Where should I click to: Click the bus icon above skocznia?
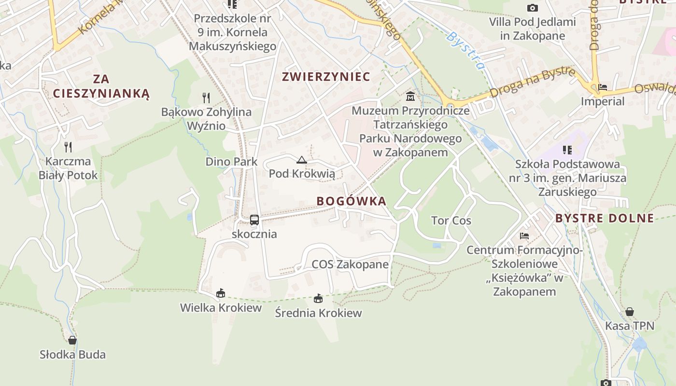tap(254, 220)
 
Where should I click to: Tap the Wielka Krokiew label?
tap(221, 308)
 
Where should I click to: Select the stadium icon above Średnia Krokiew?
tap(318, 299)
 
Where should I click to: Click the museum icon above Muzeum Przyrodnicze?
tap(410, 96)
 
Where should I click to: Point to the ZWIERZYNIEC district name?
tap(326, 77)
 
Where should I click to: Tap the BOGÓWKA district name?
tap(352, 201)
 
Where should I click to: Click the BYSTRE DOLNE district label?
tap(605, 218)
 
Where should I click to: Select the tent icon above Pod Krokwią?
tap(302, 160)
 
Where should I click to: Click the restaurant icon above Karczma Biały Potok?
tap(68, 147)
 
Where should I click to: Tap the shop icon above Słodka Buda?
tap(72, 340)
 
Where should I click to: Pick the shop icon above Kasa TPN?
tap(630, 312)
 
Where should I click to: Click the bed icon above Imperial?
tap(603, 87)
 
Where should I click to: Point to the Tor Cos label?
tap(451, 221)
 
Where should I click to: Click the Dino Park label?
tap(232, 162)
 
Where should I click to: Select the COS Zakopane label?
tap(350, 264)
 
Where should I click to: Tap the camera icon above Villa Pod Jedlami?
tap(533, 8)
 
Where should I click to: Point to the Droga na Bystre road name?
tap(532, 83)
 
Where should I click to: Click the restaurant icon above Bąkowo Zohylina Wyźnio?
tap(206, 98)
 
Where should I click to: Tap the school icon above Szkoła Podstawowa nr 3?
tap(567, 150)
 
